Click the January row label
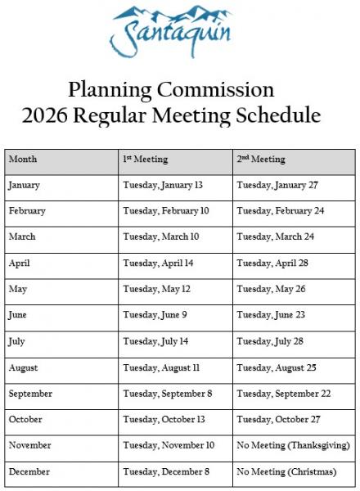click(25, 185)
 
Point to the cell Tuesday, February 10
click(166, 211)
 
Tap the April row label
click(20, 264)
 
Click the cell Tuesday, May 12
click(156, 290)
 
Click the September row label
click(30, 394)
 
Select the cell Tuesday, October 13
click(164, 420)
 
